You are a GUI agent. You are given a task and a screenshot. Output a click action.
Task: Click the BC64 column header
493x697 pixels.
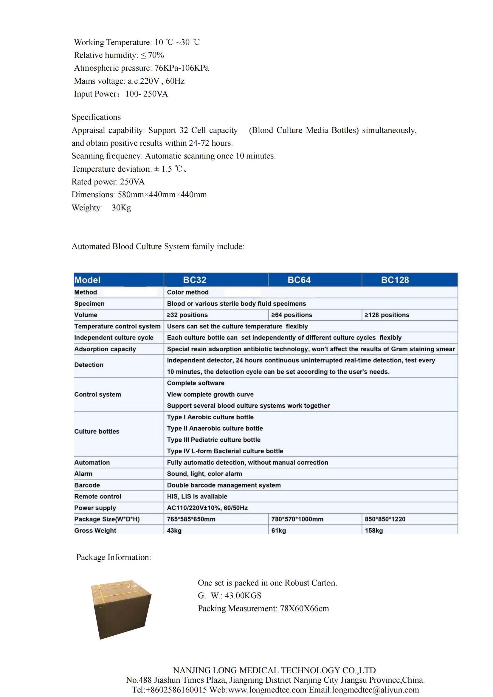pos(299,280)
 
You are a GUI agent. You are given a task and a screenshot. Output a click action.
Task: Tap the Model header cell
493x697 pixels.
pos(87,280)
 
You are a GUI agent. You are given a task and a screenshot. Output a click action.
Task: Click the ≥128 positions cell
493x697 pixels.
pos(387,315)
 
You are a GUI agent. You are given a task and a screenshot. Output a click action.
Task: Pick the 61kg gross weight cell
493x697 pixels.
pos(279,530)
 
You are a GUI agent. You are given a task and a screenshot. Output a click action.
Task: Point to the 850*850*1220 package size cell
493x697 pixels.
pos(385,519)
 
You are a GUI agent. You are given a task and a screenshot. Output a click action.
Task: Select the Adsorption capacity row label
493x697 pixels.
pos(105,349)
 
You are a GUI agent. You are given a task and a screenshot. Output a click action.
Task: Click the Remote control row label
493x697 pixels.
pos(98,496)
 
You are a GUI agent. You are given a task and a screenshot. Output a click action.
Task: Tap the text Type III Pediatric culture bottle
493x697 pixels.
pos(214,440)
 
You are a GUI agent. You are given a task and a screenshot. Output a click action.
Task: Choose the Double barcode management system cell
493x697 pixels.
pos(224,485)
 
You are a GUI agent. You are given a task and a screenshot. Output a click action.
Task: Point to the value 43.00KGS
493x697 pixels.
pos(243,596)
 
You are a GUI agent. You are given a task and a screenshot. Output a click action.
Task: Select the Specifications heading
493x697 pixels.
pos(96,117)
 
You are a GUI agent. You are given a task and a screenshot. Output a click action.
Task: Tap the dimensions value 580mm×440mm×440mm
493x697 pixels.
pos(162,195)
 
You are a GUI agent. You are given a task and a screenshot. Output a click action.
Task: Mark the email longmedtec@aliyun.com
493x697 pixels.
pos(376,690)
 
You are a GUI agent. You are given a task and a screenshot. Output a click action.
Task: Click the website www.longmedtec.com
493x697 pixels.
pos(267,690)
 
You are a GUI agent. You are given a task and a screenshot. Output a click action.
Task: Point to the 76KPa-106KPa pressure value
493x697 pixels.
pos(182,68)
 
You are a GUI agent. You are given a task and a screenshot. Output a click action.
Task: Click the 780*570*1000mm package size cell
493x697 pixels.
pos(297,519)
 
